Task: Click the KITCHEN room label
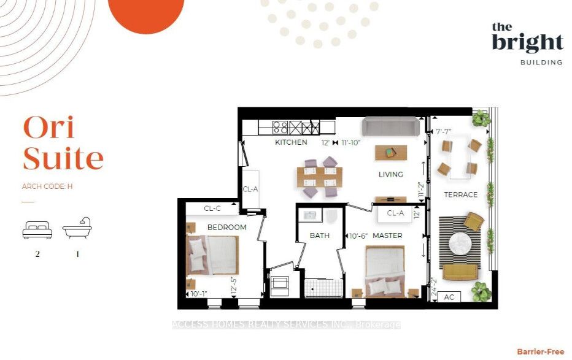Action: [x=291, y=142]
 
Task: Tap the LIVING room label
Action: [x=391, y=174]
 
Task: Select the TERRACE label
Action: [x=461, y=194]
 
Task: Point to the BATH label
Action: [x=320, y=236]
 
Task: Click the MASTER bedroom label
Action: [x=387, y=236]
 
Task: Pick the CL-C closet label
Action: [x=212, y=209]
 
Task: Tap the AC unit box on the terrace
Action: [x=449, y=297]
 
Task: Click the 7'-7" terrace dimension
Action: [x=444, y=131]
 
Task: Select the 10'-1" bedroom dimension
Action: [x=199, y=294]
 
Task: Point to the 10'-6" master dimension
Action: [x=358, y=236]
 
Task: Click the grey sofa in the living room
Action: [x=391, y=127]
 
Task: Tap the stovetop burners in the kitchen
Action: [x=280, y=128]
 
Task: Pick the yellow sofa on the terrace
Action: [x=460, y=272]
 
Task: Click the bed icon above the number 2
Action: [x=37, y=230]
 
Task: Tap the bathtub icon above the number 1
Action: [x=77, y=228]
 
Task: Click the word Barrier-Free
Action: [x=541, y=351]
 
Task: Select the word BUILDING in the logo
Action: [x=541, y=63]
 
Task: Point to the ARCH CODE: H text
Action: [x=47, y=186]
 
